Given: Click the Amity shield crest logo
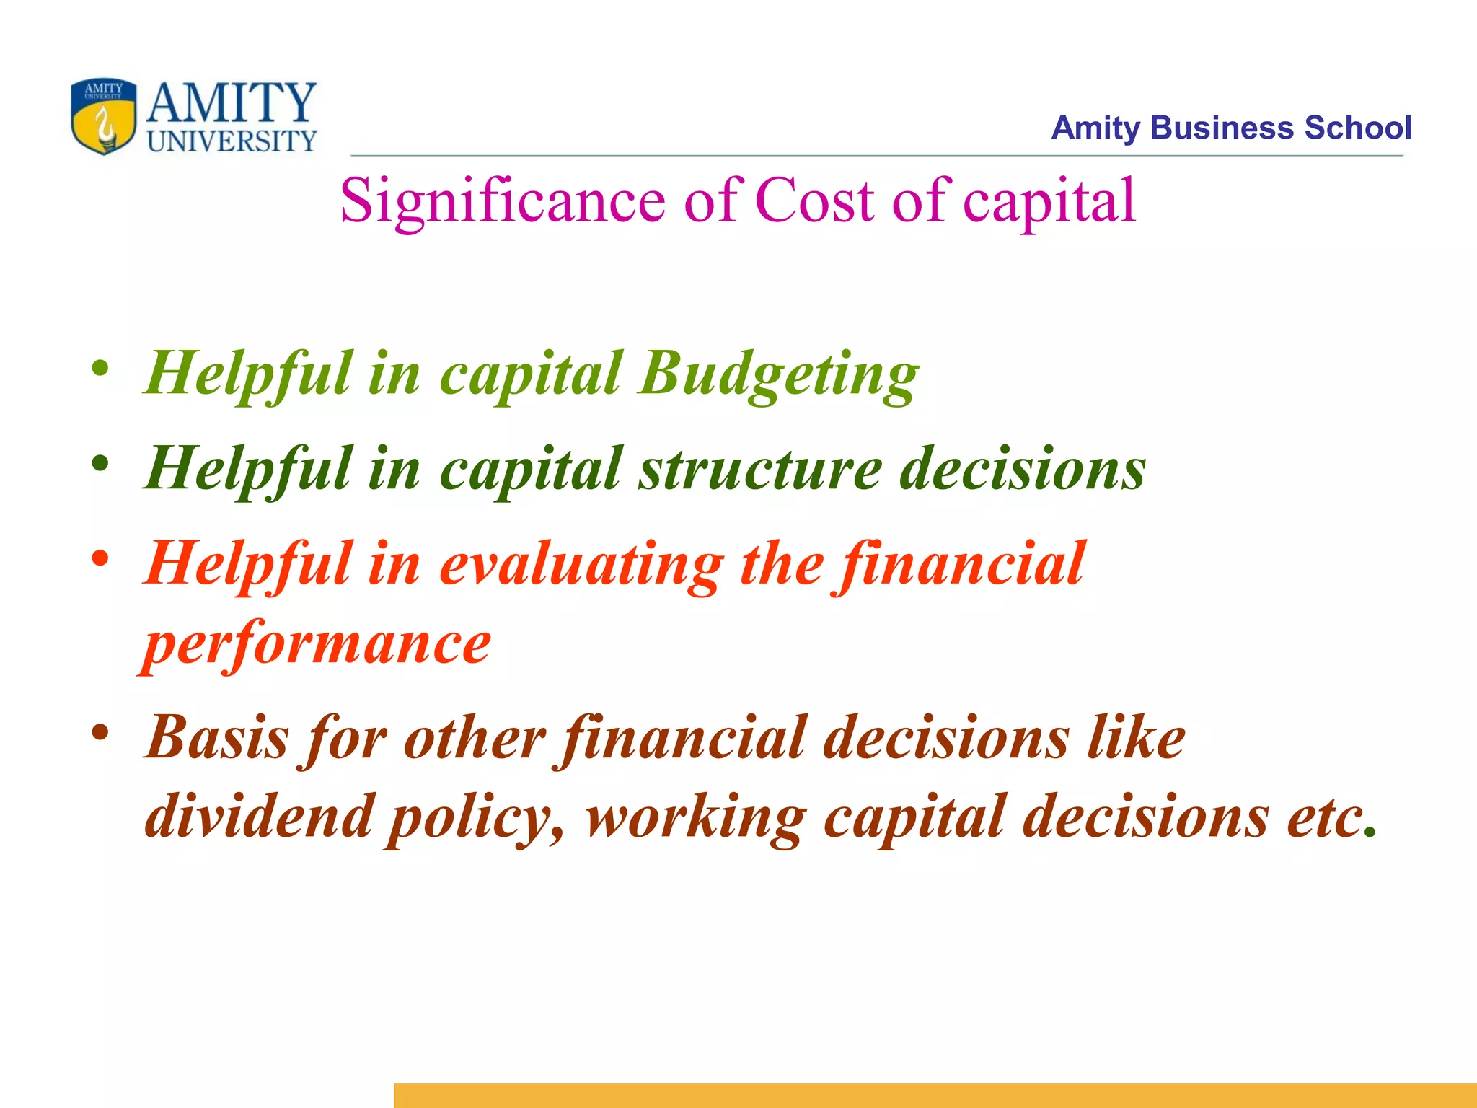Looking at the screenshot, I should coord(103,116).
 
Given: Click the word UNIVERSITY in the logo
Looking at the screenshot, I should coord(232,141).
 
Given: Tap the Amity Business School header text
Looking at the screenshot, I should coord(1230,128).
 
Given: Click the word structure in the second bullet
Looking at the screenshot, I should coord(760,469).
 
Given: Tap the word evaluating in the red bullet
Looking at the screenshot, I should coord(581,565).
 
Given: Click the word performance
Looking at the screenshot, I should coord(317,644).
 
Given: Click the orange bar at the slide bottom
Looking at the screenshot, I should coord(935,1095).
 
